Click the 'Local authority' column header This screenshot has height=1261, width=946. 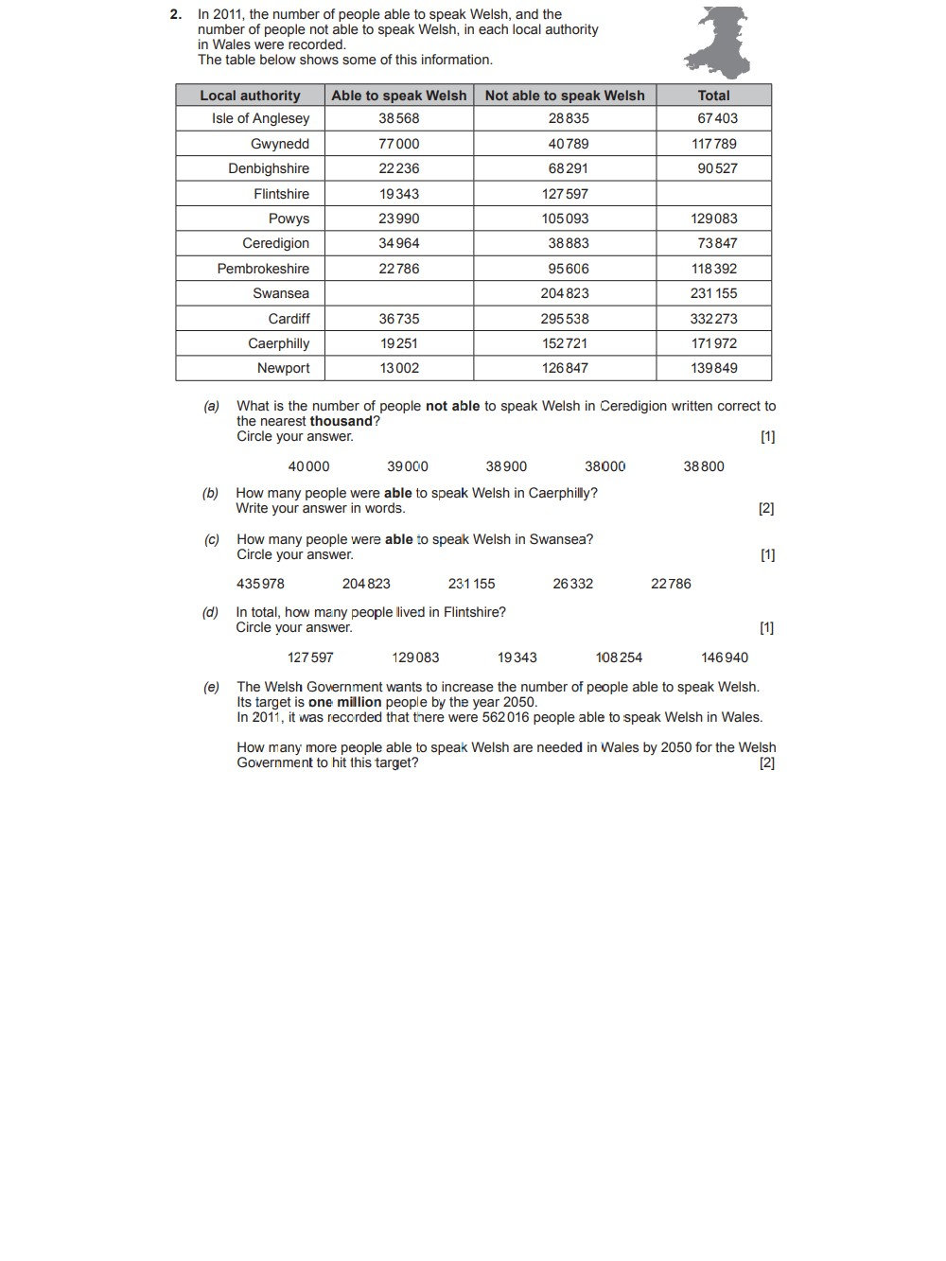pos(250,96)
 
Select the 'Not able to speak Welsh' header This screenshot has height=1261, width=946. pos(565,96)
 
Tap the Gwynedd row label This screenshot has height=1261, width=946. pos(280,144)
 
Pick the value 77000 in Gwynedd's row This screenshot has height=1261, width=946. pos(399,144)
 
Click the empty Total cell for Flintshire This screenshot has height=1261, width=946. pos(713,194)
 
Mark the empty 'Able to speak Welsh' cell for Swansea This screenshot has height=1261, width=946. pos(399,293)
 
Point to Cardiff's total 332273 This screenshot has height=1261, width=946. pos(713,319)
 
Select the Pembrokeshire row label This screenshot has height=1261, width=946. pos(263,269)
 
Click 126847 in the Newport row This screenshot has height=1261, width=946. pos(565,368)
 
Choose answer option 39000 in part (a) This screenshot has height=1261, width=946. pos(408,466)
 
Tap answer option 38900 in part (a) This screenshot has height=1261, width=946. pos(506,466)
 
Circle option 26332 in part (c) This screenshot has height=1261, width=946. pos(573,584)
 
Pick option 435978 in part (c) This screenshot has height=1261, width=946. pos(260,584)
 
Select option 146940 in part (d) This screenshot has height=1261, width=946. pos(725,657)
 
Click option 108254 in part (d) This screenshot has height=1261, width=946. pos(619,657)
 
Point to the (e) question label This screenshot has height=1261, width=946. pos(211,687)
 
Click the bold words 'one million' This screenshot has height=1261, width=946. pos(344,703)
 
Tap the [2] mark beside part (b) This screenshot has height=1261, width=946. pos(766,509)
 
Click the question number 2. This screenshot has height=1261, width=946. pos(175,14)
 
